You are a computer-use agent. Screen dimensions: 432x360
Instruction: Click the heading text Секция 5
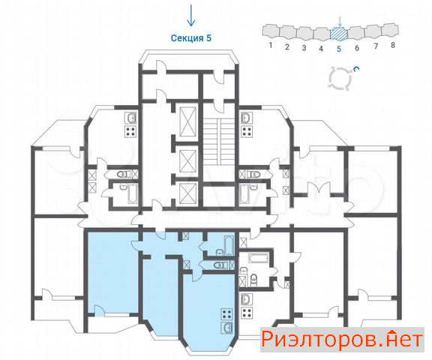coord(191,38)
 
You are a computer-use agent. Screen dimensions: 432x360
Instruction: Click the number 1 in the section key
coord(271,45)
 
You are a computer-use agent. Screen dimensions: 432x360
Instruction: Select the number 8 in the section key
coord(393,45)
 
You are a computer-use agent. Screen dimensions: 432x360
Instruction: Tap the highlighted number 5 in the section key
coord(339,49)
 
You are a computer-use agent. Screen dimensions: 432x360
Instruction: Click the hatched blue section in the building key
coord(339,33)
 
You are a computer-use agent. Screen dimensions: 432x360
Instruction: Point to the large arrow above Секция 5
coord(191,15)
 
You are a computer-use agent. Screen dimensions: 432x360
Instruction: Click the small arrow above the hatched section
coord(340,22)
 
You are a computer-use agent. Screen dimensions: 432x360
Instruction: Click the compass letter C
coord(356,69)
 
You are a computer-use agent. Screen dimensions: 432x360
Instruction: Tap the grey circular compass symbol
coord(341,78)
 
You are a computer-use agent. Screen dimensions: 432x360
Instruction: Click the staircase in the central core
coord(219,142)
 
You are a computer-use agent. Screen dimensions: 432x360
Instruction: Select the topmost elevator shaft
coord(188,121)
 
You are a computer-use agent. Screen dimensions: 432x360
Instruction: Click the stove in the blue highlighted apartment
coord(227,314)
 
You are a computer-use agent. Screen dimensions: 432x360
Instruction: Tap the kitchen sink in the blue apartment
coord(227,328)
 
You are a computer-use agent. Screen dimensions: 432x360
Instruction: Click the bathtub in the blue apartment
coord(229,245)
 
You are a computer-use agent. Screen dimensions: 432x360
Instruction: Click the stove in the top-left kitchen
coord(130,131)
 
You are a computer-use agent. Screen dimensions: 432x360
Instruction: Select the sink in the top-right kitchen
coord(247,118)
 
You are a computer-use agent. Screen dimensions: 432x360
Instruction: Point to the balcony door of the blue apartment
coord(99,310)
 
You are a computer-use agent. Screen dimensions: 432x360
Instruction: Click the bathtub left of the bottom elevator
coord(133,194)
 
